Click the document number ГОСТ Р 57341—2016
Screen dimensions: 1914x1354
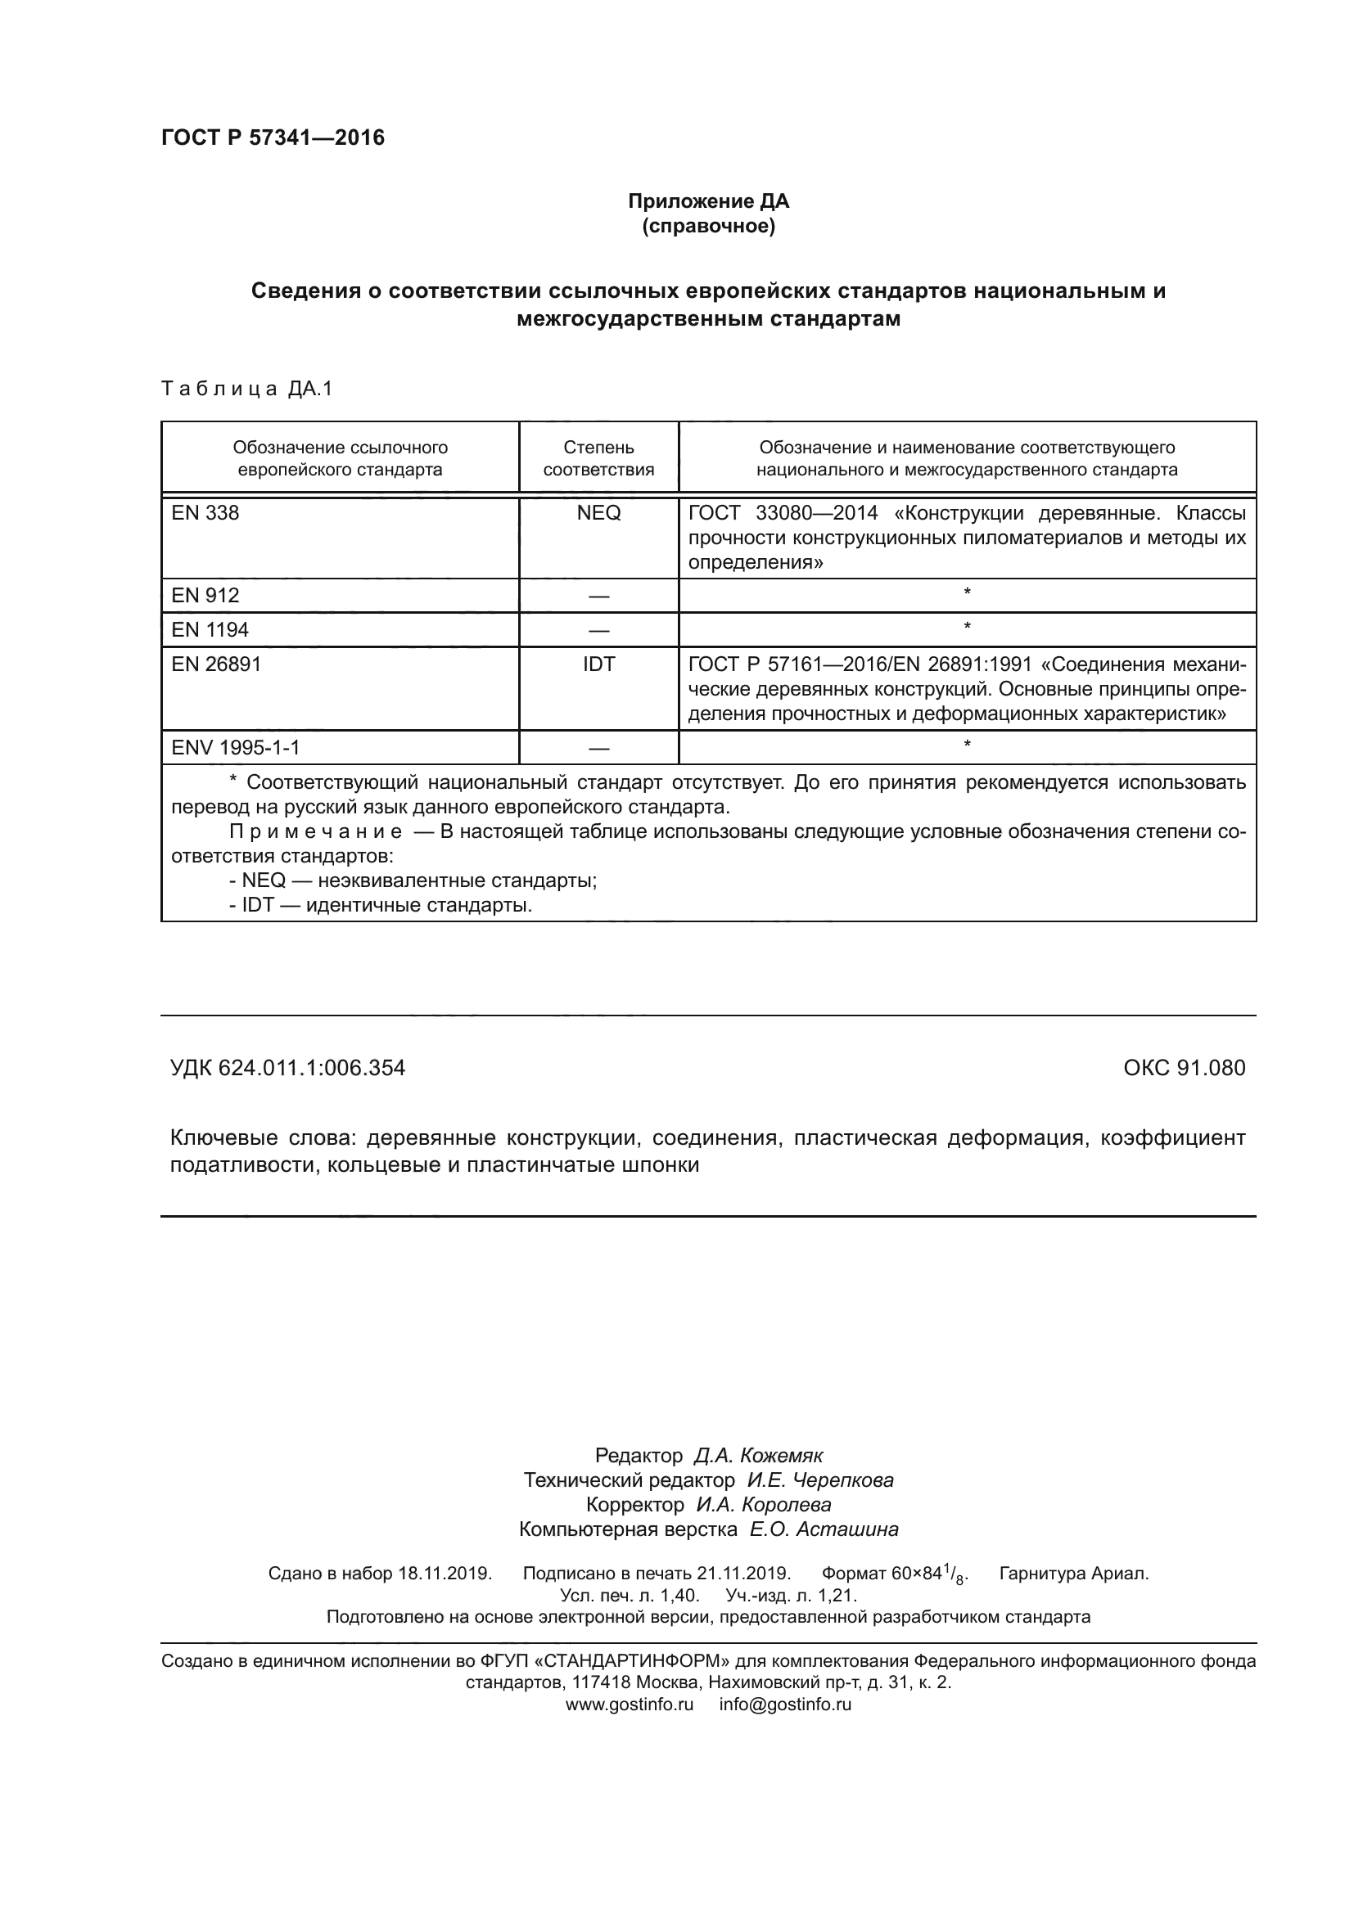tap(273, 137)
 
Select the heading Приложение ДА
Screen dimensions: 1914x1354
tap(708, 201)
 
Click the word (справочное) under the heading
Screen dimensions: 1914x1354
tap(708, 226)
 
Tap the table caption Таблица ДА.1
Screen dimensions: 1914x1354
tap(246, 389)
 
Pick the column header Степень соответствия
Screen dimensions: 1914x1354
tap(598, 458)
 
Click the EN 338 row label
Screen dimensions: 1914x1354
tap(205, 513)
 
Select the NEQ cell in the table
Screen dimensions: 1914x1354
tap(598, 513)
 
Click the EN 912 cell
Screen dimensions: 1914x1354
tap(205, 595)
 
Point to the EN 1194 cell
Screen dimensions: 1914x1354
tap(210, 629)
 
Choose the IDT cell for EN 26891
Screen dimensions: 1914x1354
tap(598, 664)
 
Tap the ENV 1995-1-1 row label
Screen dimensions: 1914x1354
tap(235, 747)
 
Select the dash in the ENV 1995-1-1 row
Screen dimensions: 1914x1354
tap(598, 749)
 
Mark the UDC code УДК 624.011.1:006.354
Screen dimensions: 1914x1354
tap(287, 1068)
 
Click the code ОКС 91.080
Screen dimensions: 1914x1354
tap(1184, 1068)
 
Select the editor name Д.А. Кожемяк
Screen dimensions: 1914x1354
tap(758, 1456)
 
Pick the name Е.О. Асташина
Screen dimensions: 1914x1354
tap(824, 1529)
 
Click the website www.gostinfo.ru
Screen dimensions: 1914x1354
tap(630, 1704)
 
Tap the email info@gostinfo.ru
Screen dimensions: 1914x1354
tap(784, 1704)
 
